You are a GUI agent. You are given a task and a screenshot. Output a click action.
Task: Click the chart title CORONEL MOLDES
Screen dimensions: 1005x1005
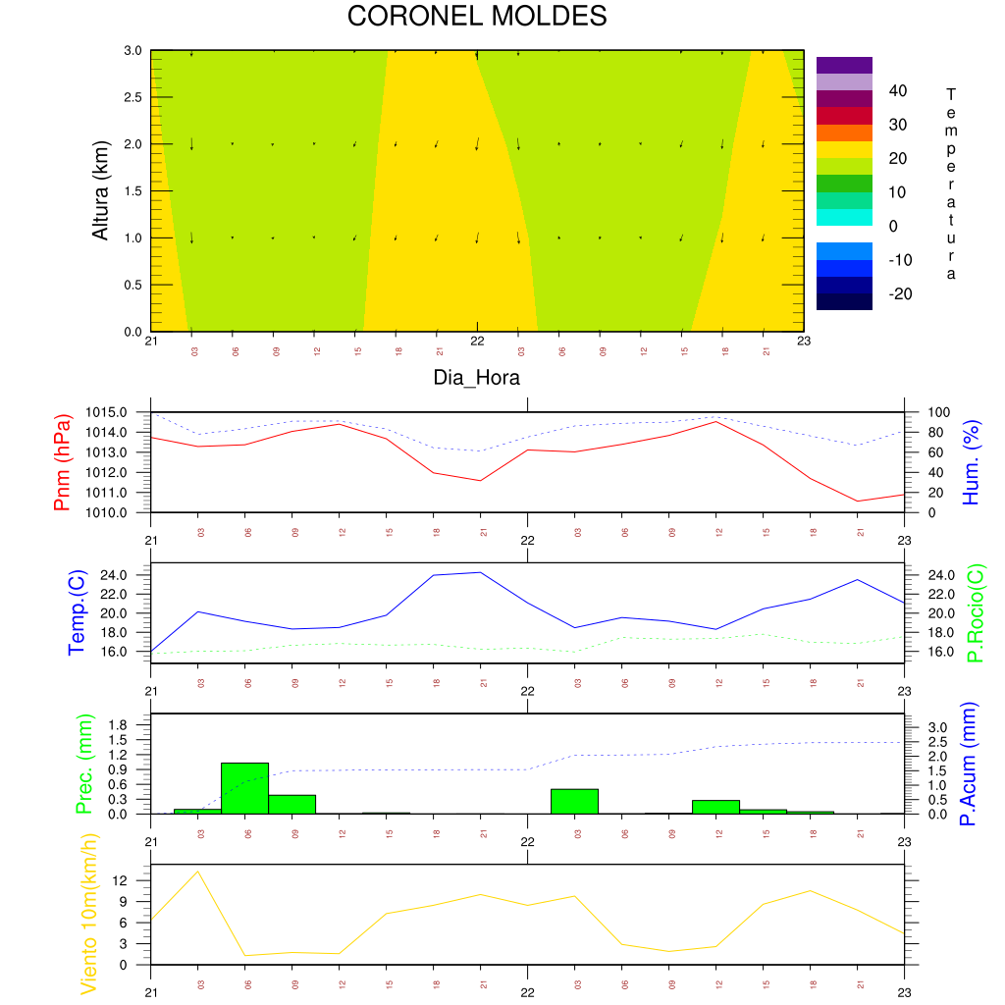click(x=477, y=17)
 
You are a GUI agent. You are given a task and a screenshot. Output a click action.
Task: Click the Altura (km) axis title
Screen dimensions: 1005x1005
click(x=100, y=189)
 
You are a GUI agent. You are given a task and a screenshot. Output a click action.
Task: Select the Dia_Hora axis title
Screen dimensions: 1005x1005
click(x=477, y=377)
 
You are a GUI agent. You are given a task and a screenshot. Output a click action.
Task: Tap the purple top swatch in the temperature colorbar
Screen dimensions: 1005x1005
click(x=844, y=65)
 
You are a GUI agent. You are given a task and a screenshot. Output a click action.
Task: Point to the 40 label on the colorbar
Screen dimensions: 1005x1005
click(x=897, y=91)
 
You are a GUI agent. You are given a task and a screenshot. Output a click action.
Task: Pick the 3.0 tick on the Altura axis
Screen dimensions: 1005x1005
click(x=132, y=51)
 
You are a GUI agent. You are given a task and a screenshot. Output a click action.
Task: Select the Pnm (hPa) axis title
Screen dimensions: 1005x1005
click(x=63, y=461)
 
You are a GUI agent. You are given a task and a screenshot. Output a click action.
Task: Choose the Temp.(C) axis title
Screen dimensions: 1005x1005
click(x=76, y=612)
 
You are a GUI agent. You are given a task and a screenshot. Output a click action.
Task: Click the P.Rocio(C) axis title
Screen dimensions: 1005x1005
click(x=975, y=612)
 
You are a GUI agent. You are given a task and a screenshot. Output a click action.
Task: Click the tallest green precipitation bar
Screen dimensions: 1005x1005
click(x=244, y=787)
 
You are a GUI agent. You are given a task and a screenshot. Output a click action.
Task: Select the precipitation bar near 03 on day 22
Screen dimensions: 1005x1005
click(x=574, y=801)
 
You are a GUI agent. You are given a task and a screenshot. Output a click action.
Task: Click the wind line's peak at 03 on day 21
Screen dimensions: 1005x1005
click(x=198, y=872)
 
